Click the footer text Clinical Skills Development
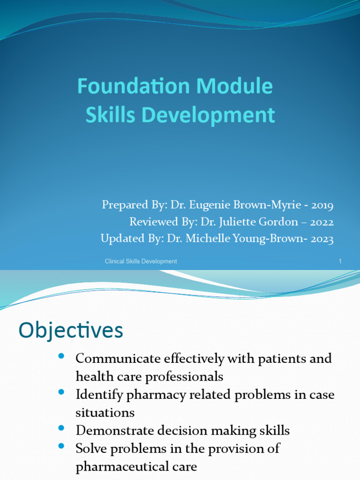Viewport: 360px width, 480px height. (x=141, y=261)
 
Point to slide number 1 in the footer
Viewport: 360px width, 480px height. (x=340, y=261)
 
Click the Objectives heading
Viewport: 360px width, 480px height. (x=71, y=330)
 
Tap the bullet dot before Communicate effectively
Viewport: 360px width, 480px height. (x=61, y=357)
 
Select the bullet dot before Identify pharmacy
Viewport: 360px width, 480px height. (x=61, y=393)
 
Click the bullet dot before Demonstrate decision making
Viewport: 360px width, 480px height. (x=61, y=428)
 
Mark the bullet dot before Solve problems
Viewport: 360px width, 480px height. (x=61, y=446)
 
